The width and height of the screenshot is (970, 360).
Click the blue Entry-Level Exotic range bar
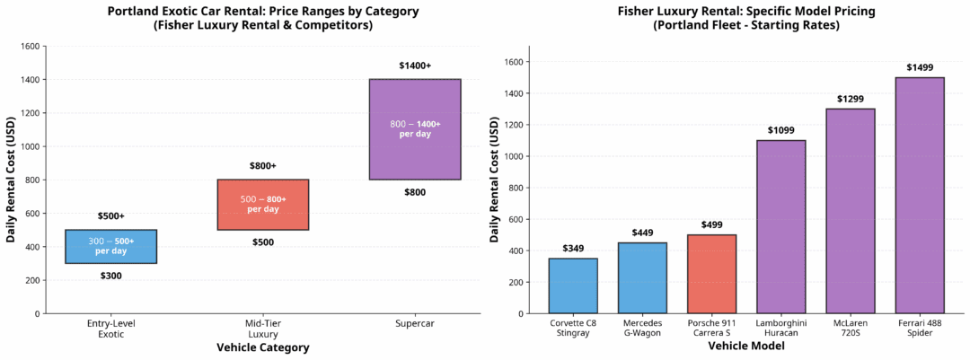point(111,246)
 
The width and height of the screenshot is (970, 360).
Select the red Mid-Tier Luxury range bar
point(263,205)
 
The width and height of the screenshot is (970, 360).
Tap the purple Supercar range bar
point(415,129)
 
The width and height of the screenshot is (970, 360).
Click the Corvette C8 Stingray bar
point(573,285)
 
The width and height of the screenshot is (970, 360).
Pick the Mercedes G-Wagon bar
point(642,277)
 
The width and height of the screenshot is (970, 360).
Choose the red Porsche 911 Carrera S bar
point(711,274)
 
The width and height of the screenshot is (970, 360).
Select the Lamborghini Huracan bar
point(780,226)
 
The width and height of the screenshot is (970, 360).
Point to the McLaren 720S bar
point(850,211)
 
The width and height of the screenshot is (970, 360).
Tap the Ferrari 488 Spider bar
point(919,195)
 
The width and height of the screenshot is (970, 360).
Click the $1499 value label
point(919,67)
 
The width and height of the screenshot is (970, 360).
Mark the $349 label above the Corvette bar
point(573,249)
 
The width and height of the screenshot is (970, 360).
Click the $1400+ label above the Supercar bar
point(415,66)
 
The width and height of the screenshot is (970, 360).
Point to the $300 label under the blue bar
point(111,276)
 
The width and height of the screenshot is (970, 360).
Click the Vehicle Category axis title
point(263,347)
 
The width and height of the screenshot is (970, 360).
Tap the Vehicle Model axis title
point(746,346)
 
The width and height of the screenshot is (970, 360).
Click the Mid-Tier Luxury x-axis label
point(263,328)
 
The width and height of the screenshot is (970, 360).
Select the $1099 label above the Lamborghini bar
point(780,130)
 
